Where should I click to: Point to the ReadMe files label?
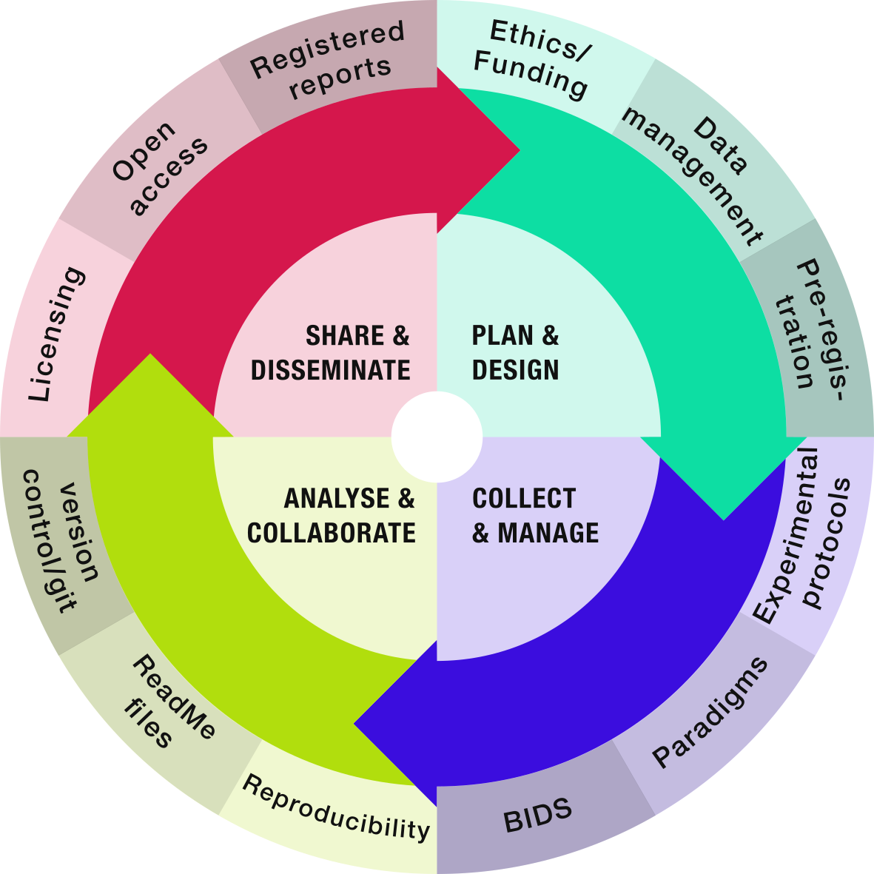(x=167, y=702)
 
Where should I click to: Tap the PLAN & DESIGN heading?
(x=516, y=352)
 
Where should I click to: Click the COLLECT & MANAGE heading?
(x=534, y=516)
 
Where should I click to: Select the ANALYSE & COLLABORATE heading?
(x=332, y=516)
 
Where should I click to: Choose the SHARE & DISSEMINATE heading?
(x=331, y=352)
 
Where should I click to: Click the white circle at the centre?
(x=437, y=437)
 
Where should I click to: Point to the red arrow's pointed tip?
(x=520, y=151)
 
